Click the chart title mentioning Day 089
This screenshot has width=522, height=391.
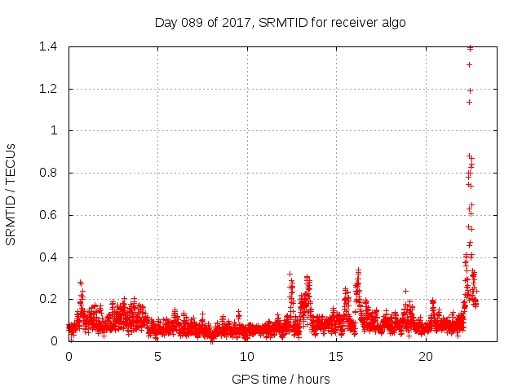(x=280, y=22)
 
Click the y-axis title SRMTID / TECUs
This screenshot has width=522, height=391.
(x=11, y=195)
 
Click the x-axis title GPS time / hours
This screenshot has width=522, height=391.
(x=280, y=379)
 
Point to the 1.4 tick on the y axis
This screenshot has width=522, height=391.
(x=51, y=46)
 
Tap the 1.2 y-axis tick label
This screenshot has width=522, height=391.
(x=51, y=89)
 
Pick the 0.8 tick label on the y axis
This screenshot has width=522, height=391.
(x=51, y=173)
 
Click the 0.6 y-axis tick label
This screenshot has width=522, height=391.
(x=51, y=215)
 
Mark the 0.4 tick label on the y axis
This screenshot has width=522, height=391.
(x=51, y=257)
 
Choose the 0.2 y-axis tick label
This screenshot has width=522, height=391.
(x=51, y=299)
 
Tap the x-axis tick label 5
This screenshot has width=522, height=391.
(x=157, y=357)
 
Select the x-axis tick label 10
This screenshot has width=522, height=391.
(x=246, y=357)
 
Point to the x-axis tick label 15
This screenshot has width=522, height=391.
(x=336, y=357)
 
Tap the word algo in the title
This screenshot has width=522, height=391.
(x=391, y=22)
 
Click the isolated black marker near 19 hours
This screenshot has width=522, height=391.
(x=405, y=291)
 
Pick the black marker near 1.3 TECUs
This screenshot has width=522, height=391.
(x=469, y=64)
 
